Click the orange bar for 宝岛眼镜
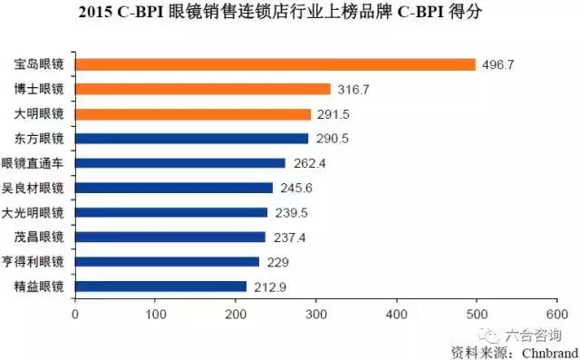(275, 64)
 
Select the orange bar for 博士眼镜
(203, 89)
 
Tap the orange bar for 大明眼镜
(192, 114)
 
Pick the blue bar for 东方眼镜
(191, 139)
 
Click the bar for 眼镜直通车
(180, 163)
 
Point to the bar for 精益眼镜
(160, 287)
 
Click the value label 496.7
(498, 65)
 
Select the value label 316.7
(353, 90)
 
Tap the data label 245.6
(296, 188)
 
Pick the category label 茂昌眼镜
(40, 238)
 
